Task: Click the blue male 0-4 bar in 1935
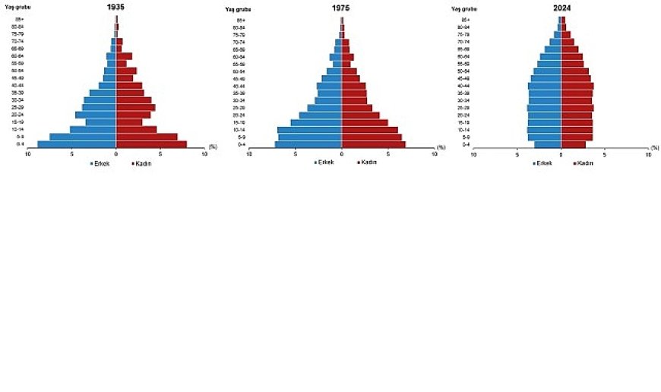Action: coord(77,144)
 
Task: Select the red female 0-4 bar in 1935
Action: coord(151,144)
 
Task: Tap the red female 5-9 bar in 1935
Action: coord(147,137)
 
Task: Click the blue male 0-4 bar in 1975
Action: coord(308,144)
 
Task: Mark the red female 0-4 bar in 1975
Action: coord(373,144)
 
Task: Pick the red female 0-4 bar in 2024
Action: coord(574,144)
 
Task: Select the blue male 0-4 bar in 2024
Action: coord(548,144)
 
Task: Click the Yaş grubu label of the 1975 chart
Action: coord(237,9)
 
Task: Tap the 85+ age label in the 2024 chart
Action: coord(465,20)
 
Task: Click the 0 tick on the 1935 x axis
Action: coord(116,154)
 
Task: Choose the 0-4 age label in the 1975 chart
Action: coord(241,144)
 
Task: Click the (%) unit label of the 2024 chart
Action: coord(654,147)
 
